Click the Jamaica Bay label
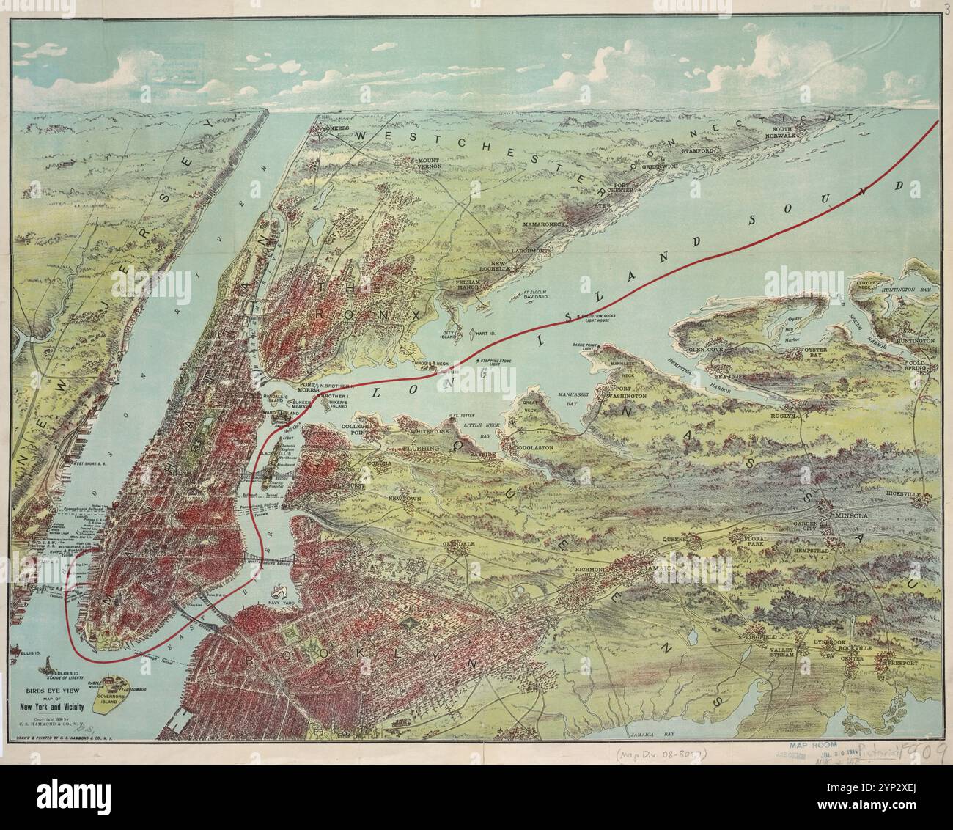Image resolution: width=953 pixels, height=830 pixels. pyautogui.click(x=651, y=733)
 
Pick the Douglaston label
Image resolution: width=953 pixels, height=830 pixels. pyautogui.click(x=532, y=447)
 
